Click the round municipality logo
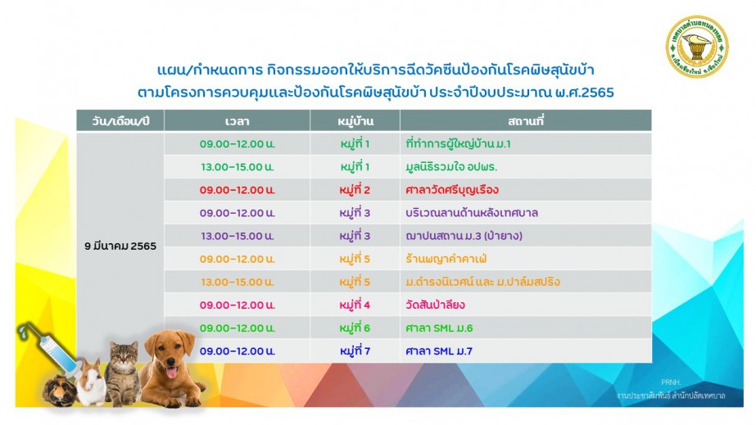point(697,47)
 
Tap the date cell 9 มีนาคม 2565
point(120,246)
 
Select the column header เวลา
point(238,121)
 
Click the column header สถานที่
point(526,121)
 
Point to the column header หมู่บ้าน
point(355,121)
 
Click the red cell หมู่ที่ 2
point(355,190)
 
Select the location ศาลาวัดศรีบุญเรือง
point(452,190)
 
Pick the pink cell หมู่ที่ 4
point(355,305)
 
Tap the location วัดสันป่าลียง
point(436,305)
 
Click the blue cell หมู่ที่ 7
point(355,351)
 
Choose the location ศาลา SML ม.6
point(439,328)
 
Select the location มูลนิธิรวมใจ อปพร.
point(451,167)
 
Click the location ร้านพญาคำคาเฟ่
point(446,259)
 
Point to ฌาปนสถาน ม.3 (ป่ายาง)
point(464,236)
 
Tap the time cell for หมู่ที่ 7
point(238,351)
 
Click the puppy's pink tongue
point(170,373)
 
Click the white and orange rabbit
point(91,383)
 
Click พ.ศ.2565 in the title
point(584,92)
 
